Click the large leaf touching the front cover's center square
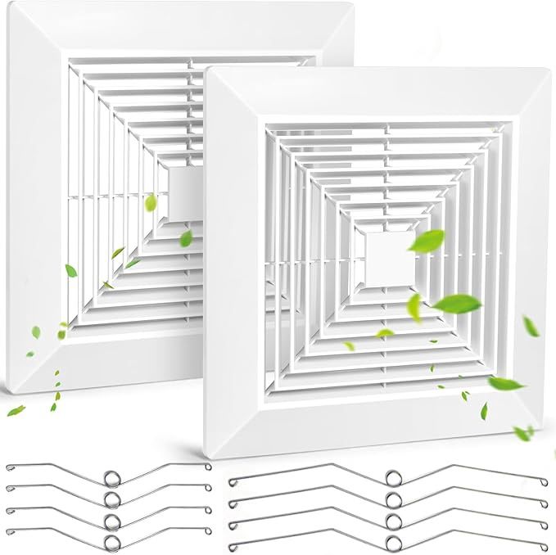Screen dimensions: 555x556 (x=427, y=241)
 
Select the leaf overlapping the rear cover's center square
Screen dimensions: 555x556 (x=151, y=202)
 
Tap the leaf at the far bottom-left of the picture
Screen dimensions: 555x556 (x=16, y=410)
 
